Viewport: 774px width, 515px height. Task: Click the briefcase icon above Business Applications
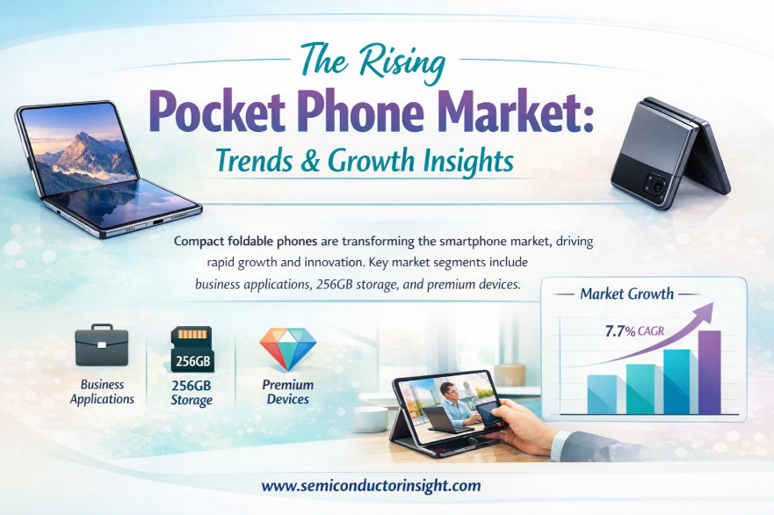pyautogui.click(x=102, y=345)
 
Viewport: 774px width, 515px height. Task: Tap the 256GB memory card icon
pyautogui.click(x=192, y=349)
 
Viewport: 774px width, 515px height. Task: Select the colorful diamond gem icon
pyautogui.click(x=288, y=349)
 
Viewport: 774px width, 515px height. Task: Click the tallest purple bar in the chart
pyautogui.click(x=709, y=372)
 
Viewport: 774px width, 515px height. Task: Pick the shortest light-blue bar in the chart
pyautogui.click(x=602, y=394)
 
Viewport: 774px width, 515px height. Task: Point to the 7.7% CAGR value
pyautogui.click(x=635, y=330)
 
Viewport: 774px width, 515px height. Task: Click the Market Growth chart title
pyautogui.click(x=626, y=294)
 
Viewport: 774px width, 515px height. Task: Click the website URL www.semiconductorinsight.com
pyautogui.click(x=372, y=485)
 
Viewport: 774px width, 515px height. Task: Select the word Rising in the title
pyautogui.click(x=401, y=62)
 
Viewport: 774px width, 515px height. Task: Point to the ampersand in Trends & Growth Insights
pyautogui.click(x=310, y=161)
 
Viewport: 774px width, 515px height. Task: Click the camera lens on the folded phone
pyautogui.click(x=656, y=185)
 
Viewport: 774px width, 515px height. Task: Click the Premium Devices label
pyautogui.click(x=288, y=392)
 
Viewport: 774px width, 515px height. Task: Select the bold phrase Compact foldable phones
pyautogui.click(x=245, y=242)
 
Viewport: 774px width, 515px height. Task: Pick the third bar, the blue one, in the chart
pyautogui.click(x=676, y=381)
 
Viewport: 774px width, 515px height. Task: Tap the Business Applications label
pyautogui.click(x=102, y=392)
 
